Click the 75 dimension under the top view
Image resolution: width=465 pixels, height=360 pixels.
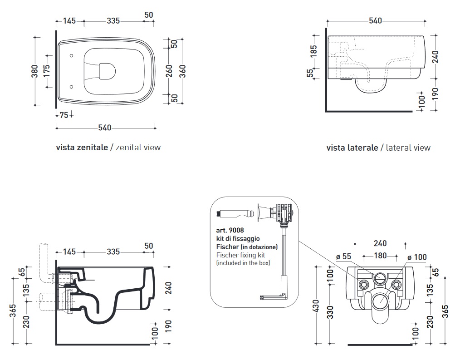(64, 115)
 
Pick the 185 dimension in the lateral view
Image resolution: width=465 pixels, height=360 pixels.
(313, 50)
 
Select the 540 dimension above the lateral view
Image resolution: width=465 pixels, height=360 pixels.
(375, 20)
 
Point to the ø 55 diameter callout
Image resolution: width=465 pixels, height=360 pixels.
(344, 256)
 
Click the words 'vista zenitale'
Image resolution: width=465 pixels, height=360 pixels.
(82, 147)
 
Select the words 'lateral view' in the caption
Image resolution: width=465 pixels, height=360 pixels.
(408, 148)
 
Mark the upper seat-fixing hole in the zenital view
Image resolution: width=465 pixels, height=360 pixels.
(73, 56)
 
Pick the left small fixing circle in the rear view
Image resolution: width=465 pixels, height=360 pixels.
(364, 285)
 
